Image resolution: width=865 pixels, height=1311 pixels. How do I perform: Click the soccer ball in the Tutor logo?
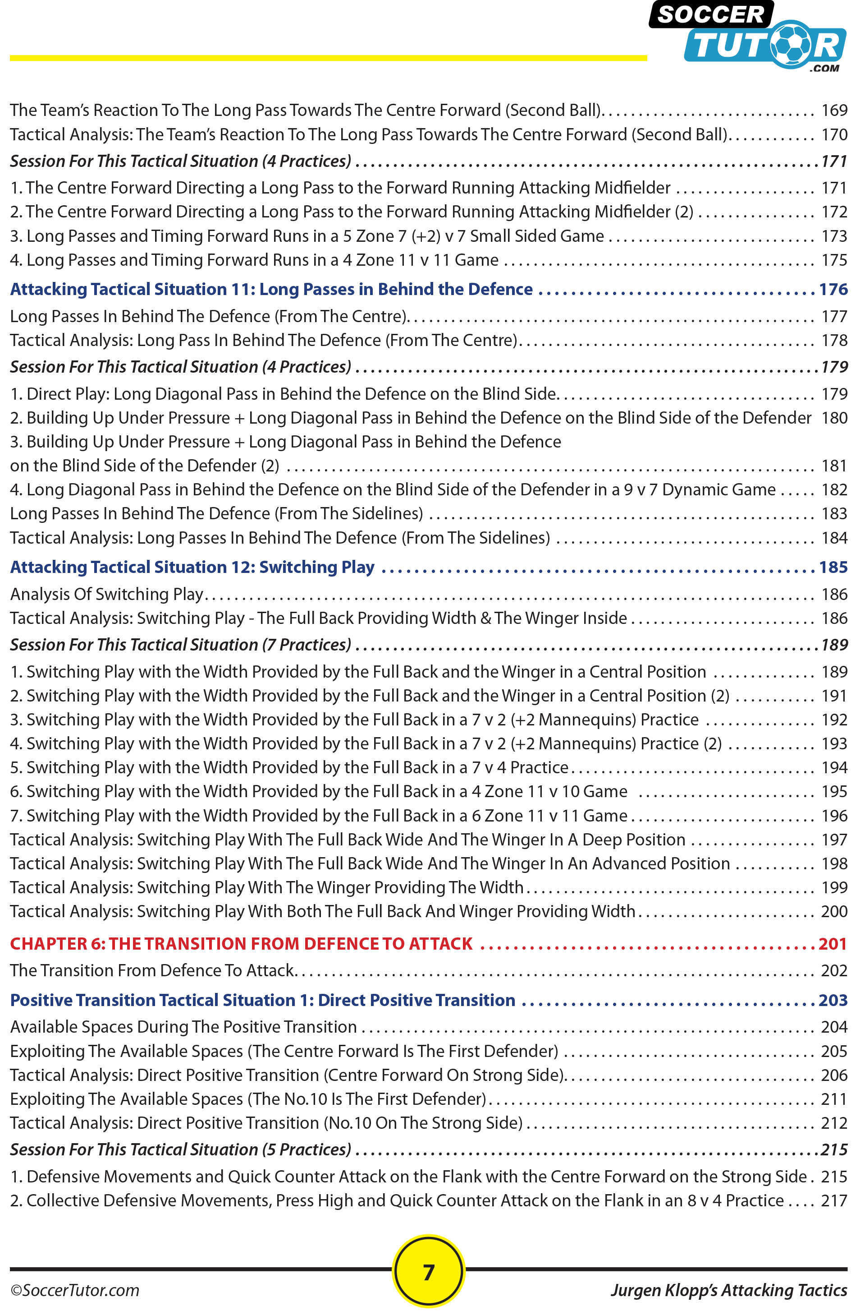tap(791, 45)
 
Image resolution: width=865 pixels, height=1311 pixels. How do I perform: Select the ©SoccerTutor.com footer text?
tap(75, 1291)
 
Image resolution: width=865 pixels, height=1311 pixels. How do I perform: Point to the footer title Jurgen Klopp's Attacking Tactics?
tap(728, 1291)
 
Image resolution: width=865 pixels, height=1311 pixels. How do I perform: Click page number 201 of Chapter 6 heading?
tap(833, 944)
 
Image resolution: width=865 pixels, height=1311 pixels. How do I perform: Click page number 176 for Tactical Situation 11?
tap(833, 289)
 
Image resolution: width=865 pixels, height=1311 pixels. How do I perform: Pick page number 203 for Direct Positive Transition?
tap(833, 1000)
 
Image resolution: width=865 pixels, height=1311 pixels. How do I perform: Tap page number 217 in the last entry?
tap(834, 1200)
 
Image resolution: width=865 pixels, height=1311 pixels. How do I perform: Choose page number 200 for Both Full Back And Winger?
tap(834, 911)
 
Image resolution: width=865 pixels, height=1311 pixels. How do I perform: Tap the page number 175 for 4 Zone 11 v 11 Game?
tap(834, 260)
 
